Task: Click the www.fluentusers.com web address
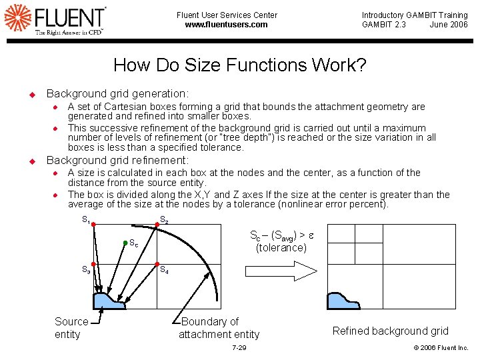(226, 25)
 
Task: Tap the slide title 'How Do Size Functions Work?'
(239, 65)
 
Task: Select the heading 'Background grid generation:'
(117, 94)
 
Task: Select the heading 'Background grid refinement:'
(117, 160)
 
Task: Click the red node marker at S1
(95, 225)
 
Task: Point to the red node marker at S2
(157, 225)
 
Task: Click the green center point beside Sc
(125, 243)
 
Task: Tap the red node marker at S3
(95, 264)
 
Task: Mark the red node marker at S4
(157, 264)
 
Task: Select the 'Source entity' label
(71, 328)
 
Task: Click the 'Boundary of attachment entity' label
(219, 328)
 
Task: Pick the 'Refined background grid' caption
(390, 331)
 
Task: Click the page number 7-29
(239, 348)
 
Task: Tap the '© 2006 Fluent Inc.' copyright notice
(441, 348)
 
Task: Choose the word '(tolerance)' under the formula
(281, 248)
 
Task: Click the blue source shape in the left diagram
(108, 302)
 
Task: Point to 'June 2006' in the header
(449, 25)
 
